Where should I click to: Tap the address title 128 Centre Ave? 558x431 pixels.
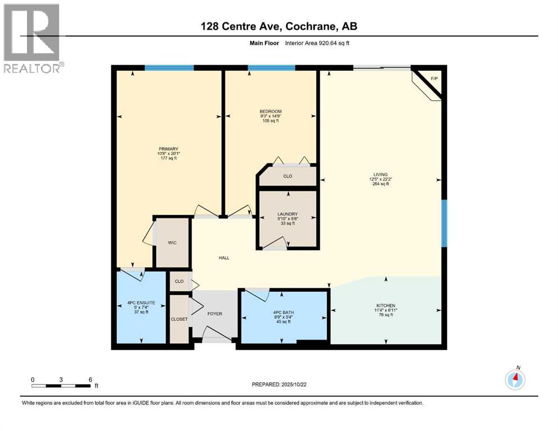(279, 26)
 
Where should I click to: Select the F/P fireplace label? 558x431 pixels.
(433, 78)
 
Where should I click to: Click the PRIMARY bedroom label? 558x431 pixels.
(168, 149)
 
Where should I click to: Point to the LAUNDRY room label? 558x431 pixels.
(287, 214)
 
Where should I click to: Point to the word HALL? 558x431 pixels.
(224, 258)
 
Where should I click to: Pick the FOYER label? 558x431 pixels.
(215, 313)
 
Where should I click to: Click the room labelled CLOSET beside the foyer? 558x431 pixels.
(179, 319)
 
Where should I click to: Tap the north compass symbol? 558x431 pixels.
(515, 380)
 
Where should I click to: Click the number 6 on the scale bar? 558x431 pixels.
(90, 379)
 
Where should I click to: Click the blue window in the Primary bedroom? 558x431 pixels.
(169, 68)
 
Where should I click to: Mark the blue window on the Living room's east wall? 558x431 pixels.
(443, 223)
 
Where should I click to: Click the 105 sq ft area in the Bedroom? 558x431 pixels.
(270, 121)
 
